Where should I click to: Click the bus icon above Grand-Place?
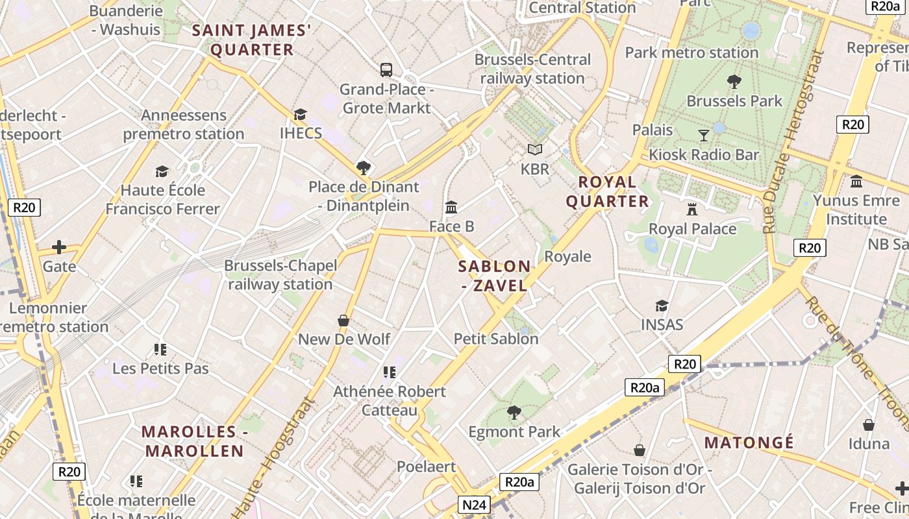tap(386, 69)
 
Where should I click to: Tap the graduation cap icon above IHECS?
tap(300, 115)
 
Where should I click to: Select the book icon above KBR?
tap(534, 150)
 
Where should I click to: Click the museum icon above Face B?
tap(451, 208)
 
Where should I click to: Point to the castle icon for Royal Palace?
tap(692, 210)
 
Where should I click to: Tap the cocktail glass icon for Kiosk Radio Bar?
tap(704, 135)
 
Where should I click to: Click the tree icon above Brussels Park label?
tap(734, 82)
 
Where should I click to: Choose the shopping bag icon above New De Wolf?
tap(343, 320)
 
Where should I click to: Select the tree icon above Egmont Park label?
tap(514, 412)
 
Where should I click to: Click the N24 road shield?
tap(474, 505)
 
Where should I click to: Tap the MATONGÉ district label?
tap(749, 443)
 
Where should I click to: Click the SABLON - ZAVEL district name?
tap(494, 276)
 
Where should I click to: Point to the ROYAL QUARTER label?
tap(607, 191)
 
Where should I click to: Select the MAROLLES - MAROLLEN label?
tap(193, 441)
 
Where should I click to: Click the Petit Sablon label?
tap(496, 339)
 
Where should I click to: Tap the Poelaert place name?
tap(426, 466)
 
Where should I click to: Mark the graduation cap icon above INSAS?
tap(662, 306)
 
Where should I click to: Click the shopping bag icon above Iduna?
tap(869, 425)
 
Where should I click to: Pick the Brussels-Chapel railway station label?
tap(280, 275)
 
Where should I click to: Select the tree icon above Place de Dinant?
tap(364, 168)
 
